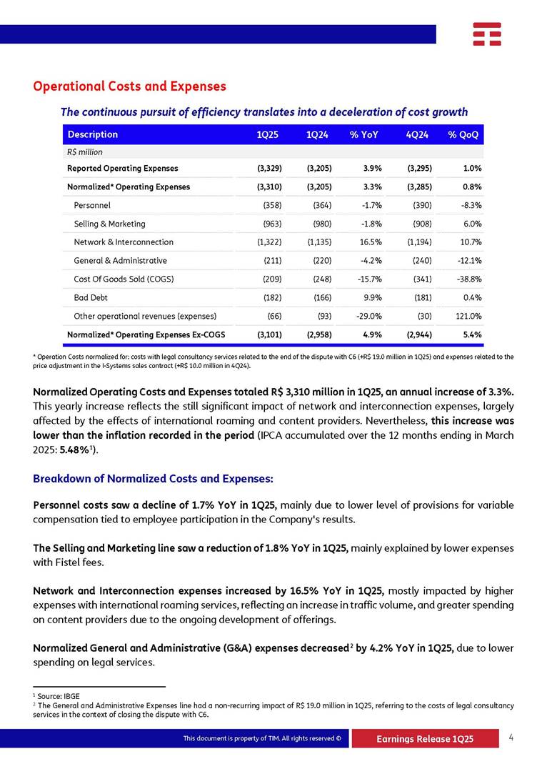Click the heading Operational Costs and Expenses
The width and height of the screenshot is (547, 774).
[129, 86]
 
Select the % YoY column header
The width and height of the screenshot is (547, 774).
[363, 134]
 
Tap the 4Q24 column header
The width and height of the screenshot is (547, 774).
[416, 134]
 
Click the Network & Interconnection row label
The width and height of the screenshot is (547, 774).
[124, 242]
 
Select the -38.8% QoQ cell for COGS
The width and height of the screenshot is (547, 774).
[467, 279]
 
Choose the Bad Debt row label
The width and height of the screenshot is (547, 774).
[91, 297]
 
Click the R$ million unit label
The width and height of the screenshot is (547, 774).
[84, 152]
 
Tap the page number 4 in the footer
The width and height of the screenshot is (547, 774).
[511, 738]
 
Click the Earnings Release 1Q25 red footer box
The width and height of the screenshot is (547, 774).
[424, 739]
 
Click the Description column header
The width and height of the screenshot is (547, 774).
[92, 134]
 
